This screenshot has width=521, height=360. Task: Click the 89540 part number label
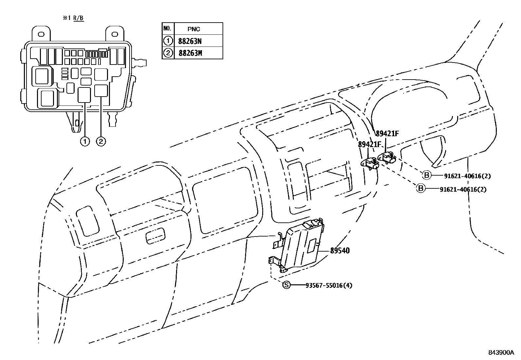[340, 251]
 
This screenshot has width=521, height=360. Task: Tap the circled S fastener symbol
[286, 285]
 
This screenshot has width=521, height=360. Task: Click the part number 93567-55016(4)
[329, 285]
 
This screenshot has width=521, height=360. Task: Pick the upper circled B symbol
[426, 175]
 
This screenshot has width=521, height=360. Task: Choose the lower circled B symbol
[421, 188]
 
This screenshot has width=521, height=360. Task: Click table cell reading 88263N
[190, 41]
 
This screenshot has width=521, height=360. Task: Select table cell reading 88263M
[190, 53]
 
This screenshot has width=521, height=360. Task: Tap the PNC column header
[194, 29]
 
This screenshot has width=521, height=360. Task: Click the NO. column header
[167, 28]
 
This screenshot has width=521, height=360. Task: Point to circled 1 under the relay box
[85, 142]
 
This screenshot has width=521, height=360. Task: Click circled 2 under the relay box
[101, 142]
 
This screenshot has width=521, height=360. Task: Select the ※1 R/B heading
[73, 18]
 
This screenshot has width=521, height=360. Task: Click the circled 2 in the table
[168, 53]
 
